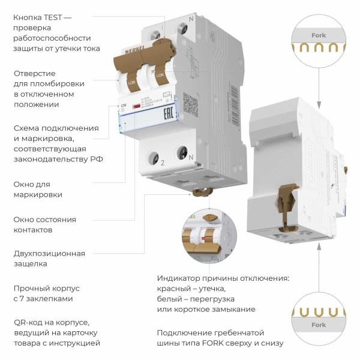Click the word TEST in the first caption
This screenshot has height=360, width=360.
point(56,17)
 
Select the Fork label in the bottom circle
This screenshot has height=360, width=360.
point(319,325)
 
